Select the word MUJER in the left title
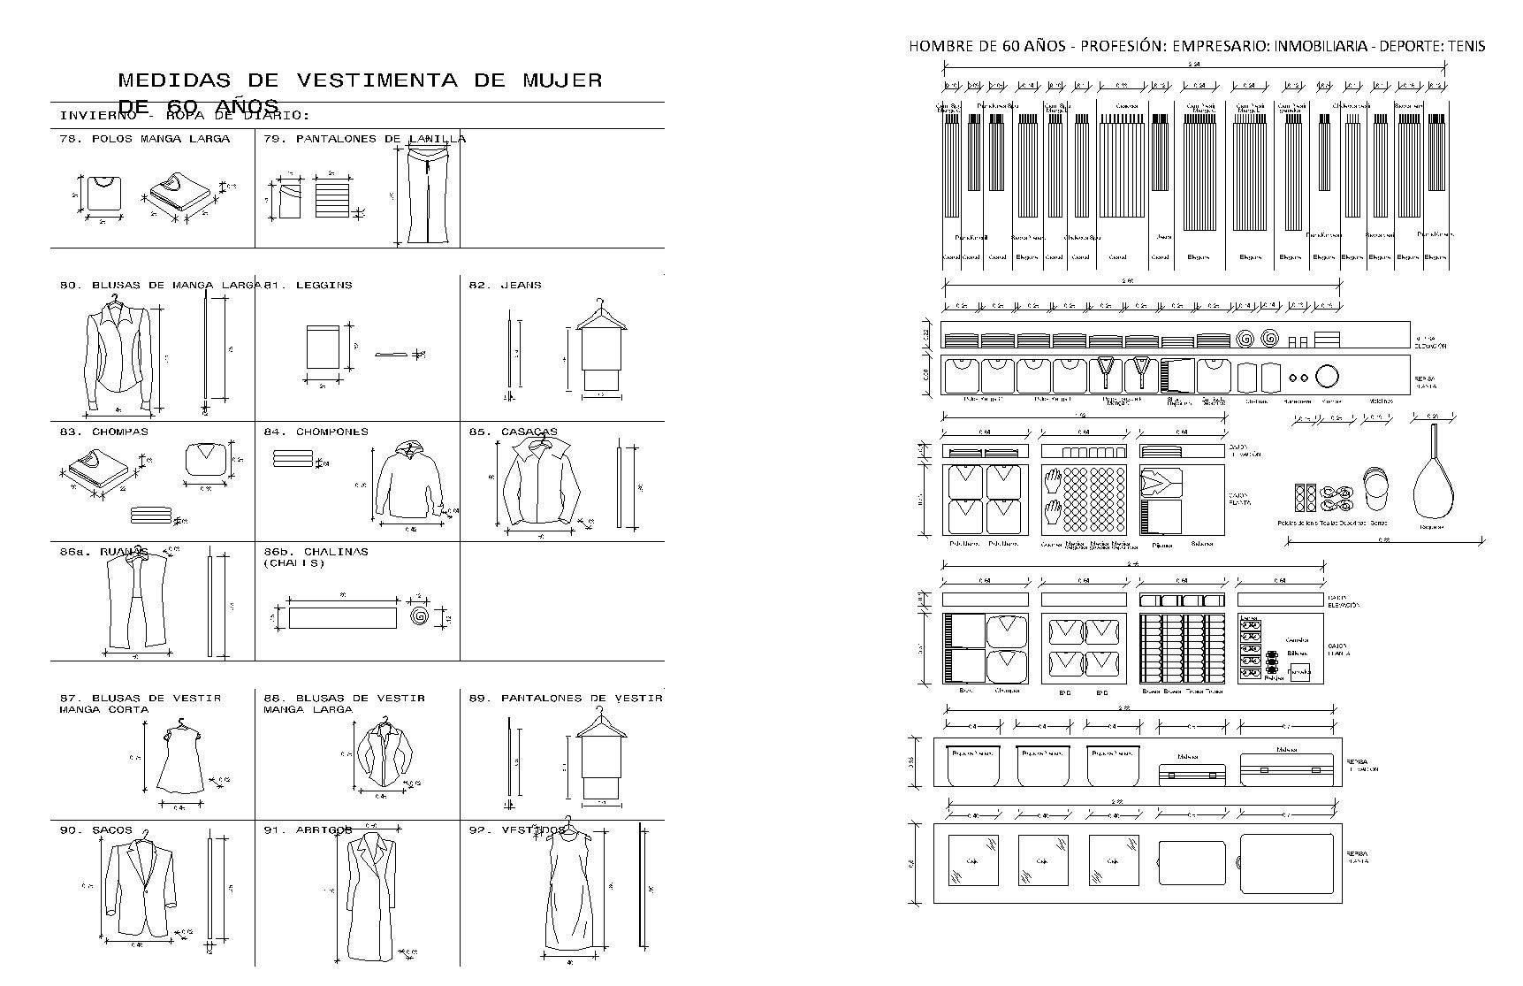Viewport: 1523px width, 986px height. click(x=561, y=80)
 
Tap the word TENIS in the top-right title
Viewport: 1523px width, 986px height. click(x=1466, y=46)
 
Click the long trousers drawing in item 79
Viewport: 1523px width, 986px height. click(x=428, y=195)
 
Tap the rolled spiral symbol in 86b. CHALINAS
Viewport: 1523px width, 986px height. click(x=420, y=615)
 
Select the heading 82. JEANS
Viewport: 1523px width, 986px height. click(x=505, y=285)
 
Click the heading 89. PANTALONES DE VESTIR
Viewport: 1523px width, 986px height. click(x=566, y=698)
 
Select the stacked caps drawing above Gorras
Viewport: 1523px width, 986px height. click(x=1375, y=489)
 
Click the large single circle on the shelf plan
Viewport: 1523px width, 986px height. click(x=1327, y=377)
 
